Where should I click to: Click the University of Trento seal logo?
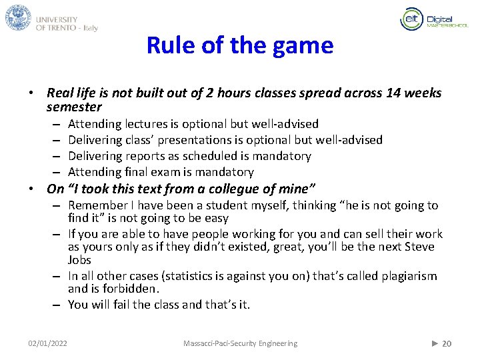[18, 17]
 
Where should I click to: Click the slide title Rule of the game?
[239, 46]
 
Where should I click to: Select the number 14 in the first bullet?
[393, 93]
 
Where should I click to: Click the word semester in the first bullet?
[74, 107]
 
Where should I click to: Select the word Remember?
[97, 205]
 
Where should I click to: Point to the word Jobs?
[79, 260]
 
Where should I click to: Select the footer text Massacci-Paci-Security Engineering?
[240, 343]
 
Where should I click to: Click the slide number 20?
[447, 343]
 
